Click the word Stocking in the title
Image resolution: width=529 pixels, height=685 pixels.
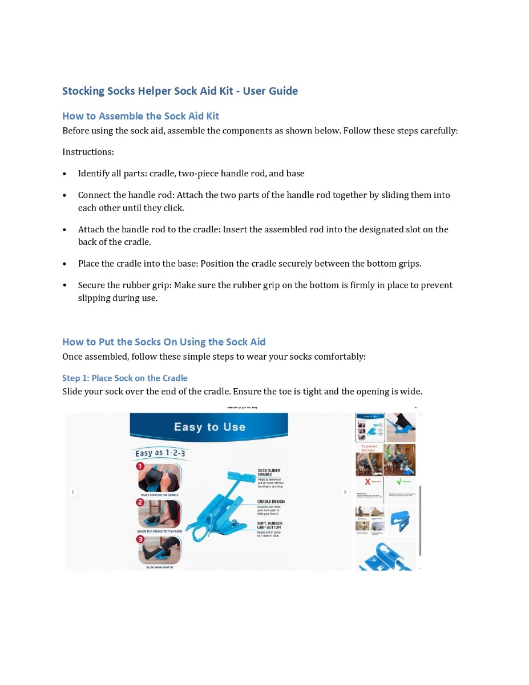83,91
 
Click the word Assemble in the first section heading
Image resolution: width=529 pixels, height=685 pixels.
121,116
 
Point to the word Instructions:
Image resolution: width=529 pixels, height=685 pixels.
88,152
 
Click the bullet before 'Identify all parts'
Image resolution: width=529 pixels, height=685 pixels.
64,174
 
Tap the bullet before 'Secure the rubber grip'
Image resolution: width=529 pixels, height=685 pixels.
64,285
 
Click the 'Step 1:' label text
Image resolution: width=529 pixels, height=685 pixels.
75,378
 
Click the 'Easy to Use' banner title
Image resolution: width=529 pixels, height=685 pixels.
209,427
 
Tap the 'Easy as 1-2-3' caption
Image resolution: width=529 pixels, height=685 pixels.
159,453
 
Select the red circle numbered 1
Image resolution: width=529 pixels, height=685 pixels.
140,466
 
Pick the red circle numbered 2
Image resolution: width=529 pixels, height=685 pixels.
140,503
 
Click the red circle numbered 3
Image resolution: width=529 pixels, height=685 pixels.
140,539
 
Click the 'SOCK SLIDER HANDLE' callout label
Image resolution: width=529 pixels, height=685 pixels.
269,473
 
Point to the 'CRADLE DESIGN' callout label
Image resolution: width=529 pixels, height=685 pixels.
270,502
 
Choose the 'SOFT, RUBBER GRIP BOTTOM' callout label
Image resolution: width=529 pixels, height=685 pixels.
269,525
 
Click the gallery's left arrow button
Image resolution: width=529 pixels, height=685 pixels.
73,492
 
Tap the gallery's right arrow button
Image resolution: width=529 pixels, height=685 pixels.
345,492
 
